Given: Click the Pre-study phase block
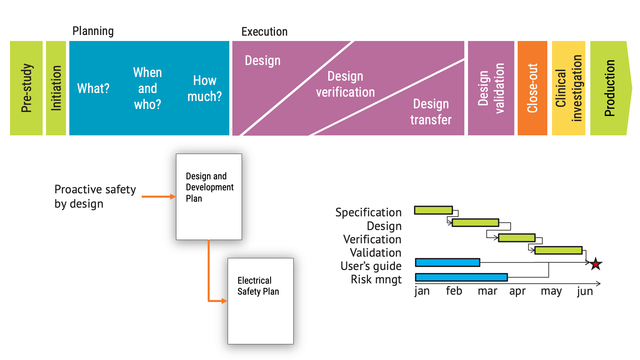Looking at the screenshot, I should [x=26, y=88].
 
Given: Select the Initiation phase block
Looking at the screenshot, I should [x=56, y=88].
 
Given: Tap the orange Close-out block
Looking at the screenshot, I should [x=532, y=88].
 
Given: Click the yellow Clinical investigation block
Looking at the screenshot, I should [x=568, y=88].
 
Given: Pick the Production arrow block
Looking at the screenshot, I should [x=609, y=88].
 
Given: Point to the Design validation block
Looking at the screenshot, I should [x=491, y=88].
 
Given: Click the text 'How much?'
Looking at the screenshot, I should [x=204, y=89].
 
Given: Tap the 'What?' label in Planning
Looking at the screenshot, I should [x=93, y=89].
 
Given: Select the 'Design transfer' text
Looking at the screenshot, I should [x=431, y=112].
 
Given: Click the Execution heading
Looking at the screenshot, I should [x=264, y=32].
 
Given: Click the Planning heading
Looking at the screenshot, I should [x=93, y=31].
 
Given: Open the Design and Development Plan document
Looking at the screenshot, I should [x=209, y=197].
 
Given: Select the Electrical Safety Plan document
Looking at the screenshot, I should [x=260, y=301].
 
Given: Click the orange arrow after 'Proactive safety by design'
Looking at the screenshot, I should [x=158, y=197].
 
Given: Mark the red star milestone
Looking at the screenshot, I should [x=596, y=264].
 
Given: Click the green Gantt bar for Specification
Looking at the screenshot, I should [x=433, y=210].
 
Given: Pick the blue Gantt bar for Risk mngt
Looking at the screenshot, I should [x=461, y=277].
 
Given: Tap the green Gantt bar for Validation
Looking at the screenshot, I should [x=558, y=250].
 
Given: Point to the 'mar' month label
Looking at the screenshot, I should [x=487, y=291].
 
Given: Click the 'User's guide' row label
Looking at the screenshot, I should [x=371, y=266].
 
